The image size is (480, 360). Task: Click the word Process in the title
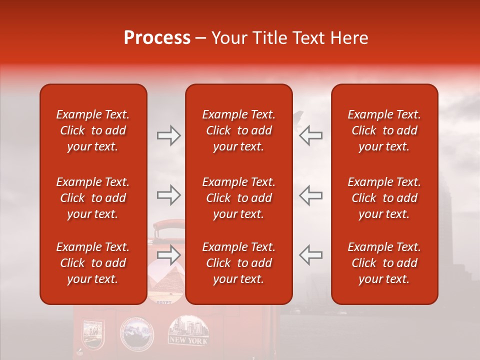coord(157,38)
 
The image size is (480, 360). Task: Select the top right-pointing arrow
coord(168,135)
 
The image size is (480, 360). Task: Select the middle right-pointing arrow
coord(168,195)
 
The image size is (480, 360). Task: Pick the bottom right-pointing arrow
coord(168,255)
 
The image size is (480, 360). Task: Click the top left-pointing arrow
coord(310,135)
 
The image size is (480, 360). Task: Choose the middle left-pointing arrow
coord(310,195)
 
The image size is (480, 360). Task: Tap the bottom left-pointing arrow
coord(310,255)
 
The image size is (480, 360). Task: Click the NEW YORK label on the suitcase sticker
coord(188,340)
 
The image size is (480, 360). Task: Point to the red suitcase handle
coord(167,228)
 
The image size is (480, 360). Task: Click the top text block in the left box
coord(93,130)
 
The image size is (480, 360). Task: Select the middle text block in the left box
coord(93,198)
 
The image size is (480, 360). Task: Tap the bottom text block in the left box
coord(93,263)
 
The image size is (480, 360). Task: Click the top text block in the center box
coord(238,130)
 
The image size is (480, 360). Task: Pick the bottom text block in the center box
coord(238,263)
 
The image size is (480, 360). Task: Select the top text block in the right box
coord(384,130)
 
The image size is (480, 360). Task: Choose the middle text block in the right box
coord(384,198)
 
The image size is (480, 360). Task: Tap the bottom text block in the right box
coord(384,263)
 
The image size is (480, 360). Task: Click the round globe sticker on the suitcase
coord(137,333)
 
